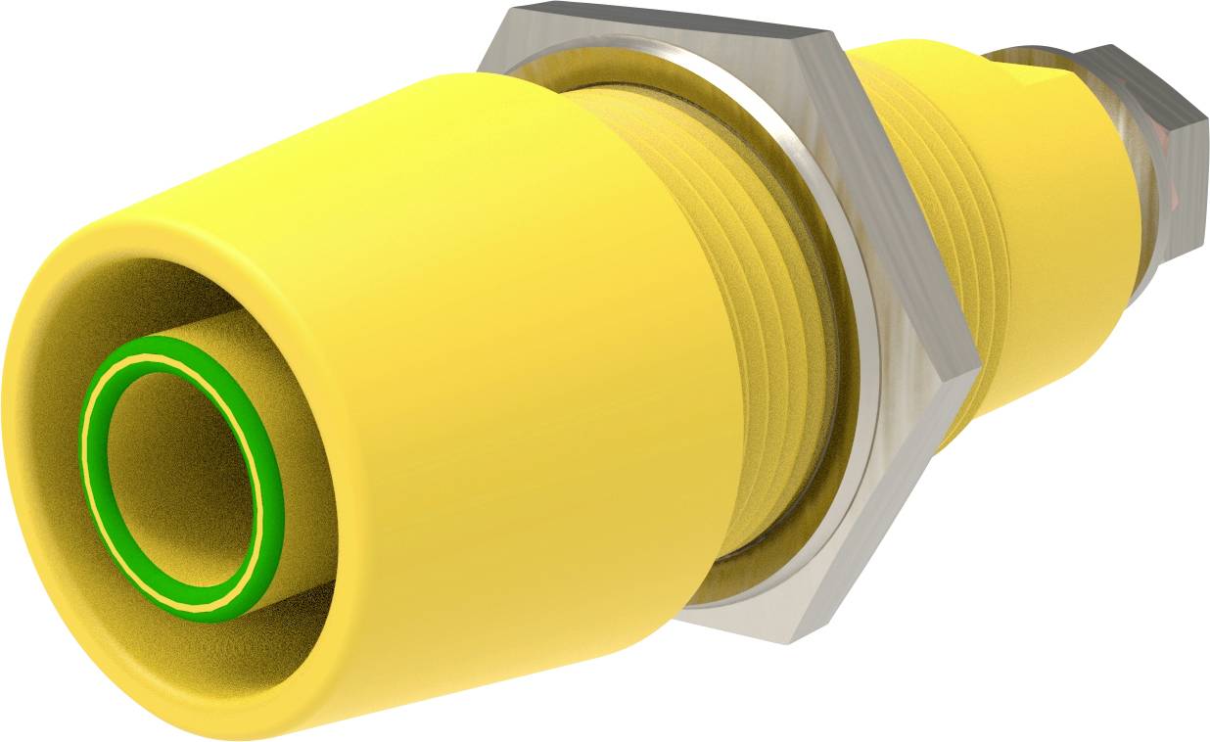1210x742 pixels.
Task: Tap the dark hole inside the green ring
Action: pyautogui.click(x=181, y=480)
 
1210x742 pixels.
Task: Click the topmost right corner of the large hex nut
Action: pyautogui.click(x=837, y=39)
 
